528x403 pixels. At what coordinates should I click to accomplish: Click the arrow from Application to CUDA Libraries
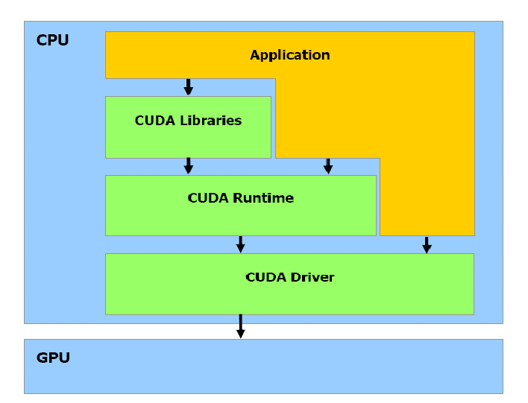pos(188,87)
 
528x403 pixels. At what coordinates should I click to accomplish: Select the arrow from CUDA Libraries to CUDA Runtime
pos(188,166)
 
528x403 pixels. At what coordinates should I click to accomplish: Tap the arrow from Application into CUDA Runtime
pos(327,166)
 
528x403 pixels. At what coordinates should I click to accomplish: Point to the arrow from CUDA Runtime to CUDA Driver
pos(240,244)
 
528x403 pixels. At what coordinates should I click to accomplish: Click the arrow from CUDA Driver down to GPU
pos(240,326)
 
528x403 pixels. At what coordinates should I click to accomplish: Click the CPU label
pos(52,41)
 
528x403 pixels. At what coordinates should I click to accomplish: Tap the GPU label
pos(53,358)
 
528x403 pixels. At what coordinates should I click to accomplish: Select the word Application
pos(289,55)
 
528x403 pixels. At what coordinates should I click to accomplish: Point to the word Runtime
pos(263,198)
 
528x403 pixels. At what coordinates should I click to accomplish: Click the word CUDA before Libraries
pos(155,121)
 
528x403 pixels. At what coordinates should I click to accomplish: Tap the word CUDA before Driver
pos(265,277)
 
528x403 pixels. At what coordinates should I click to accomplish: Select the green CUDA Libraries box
pos(188,142)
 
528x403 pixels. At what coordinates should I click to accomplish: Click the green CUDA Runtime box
pos(240,220)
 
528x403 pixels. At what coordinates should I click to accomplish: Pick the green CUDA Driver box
pos(289,298)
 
